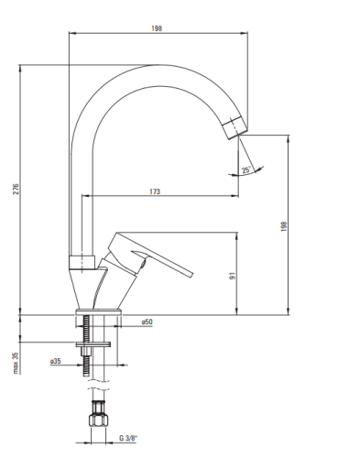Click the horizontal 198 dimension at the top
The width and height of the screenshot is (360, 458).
157,28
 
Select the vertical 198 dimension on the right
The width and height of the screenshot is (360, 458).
284,226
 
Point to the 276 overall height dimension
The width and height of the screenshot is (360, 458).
16,189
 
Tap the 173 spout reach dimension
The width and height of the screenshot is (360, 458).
155,191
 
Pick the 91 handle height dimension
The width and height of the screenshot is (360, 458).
233,276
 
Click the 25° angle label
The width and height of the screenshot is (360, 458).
246,169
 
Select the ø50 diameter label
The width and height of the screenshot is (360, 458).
147,322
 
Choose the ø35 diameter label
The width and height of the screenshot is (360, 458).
56,361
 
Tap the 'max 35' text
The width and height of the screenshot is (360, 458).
16,363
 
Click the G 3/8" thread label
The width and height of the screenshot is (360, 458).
128,438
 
